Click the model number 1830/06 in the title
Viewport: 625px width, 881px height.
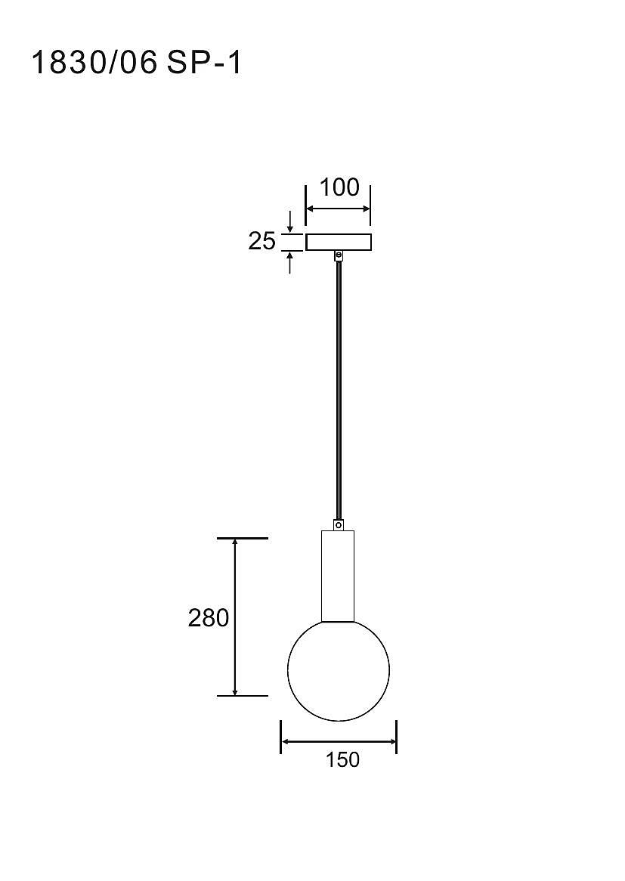coord(94,63)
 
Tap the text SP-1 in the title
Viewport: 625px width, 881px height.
coord(204,63)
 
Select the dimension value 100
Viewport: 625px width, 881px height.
coord(339,187)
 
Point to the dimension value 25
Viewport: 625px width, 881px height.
coord(262,241)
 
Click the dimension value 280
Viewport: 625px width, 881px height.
coord(209,617)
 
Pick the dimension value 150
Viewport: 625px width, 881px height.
coord(342,759)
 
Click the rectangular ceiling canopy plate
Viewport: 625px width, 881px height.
coord(339,243)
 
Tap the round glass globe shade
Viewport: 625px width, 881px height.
coord(339,670)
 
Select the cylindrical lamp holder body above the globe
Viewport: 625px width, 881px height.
coord(338,576)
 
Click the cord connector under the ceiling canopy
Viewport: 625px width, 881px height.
coord(339,255)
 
